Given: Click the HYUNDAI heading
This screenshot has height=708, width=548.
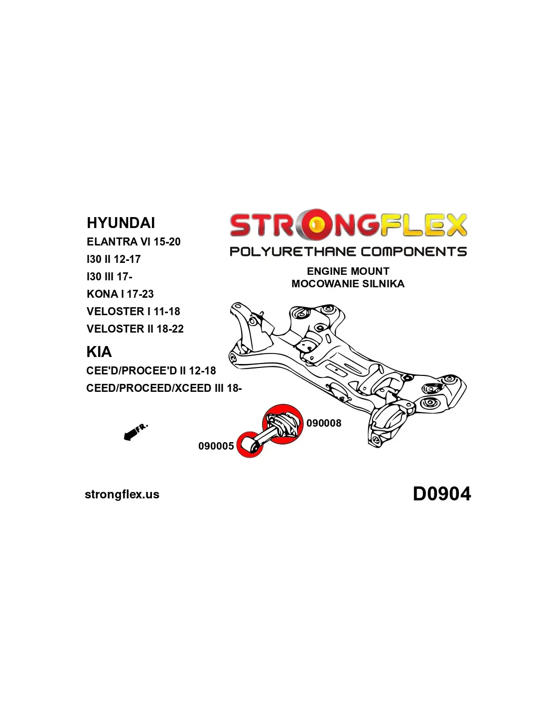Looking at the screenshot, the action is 121,223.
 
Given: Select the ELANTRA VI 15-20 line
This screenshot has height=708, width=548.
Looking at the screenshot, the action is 134,242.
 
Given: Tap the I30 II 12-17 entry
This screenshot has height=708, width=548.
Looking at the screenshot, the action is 114,259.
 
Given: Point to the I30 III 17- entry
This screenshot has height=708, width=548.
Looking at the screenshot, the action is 109,277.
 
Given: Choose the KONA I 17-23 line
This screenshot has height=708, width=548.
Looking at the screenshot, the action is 120,294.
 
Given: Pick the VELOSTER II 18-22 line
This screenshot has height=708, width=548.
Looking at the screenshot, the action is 135,329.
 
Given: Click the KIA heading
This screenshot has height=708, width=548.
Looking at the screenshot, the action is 99,352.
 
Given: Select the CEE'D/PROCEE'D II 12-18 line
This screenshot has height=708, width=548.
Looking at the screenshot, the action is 151,371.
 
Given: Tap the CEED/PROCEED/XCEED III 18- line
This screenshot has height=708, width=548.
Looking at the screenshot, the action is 164,388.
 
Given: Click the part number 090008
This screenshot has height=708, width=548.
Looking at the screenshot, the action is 324,423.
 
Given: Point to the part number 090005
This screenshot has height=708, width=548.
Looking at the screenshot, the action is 216,446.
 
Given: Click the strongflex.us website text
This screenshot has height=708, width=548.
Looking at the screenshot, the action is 122,494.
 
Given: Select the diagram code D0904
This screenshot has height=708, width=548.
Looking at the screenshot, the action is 442,494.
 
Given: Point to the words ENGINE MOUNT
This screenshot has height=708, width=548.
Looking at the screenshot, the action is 348,271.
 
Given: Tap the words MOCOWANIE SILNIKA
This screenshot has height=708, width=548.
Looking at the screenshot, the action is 348,284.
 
